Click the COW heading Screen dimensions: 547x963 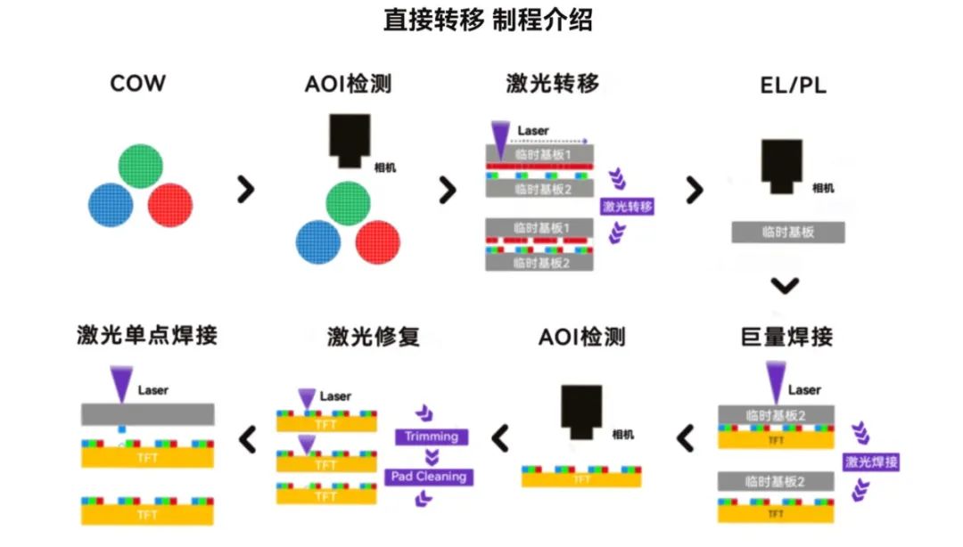click(137, 84)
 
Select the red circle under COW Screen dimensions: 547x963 click(169, 207)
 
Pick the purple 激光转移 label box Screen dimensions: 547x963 click(628, 207)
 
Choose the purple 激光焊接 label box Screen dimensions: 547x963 click(870, 461)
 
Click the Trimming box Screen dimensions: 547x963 click(432, 437)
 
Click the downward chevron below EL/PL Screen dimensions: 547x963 click(786, 286)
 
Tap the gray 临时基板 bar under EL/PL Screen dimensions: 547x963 click(787, 232)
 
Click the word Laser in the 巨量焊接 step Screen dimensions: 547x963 click(804, 389)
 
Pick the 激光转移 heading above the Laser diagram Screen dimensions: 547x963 click(553, 84)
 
